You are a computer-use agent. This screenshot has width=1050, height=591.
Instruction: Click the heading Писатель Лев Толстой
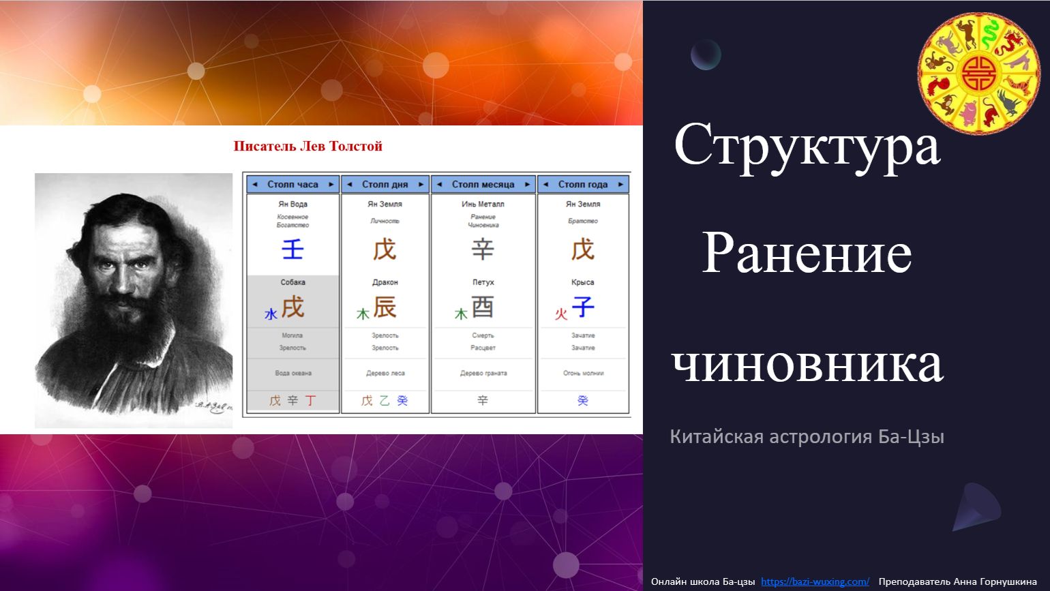click(307, 146)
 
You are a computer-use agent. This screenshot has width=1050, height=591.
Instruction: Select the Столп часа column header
click(292, 184)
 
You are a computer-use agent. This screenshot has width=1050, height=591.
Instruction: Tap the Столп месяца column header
click(483, 184)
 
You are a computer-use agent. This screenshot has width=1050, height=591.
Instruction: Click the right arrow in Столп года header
click(620, 184)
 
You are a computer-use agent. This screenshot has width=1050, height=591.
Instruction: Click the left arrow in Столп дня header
click(349, 184)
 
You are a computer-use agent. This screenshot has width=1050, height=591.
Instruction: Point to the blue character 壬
click(292, 249)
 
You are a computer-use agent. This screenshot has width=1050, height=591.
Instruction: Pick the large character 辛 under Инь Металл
click(483, 249)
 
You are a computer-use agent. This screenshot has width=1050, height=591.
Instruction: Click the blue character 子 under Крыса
click(583, 307)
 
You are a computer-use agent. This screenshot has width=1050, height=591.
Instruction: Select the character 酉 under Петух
click(483, 308)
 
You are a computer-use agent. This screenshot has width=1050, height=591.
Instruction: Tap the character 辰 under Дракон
click(385, 308)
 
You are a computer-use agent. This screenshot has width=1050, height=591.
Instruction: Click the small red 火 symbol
click(561, 314)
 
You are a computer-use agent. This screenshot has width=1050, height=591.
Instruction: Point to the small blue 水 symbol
click(271, 314)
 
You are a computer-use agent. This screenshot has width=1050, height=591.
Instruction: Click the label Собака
click(292, 282)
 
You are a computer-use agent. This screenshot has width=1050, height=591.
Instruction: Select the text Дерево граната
click(483, 374)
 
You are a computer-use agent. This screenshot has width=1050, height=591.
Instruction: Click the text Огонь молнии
click(583, 374)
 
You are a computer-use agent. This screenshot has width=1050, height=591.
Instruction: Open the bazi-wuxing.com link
click(815, 581)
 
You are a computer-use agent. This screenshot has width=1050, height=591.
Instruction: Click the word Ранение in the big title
click(807, 254)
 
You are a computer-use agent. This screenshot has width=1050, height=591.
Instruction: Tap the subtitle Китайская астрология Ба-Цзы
click(807, 436)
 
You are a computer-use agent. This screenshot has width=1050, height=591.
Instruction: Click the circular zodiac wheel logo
click(979, 72)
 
